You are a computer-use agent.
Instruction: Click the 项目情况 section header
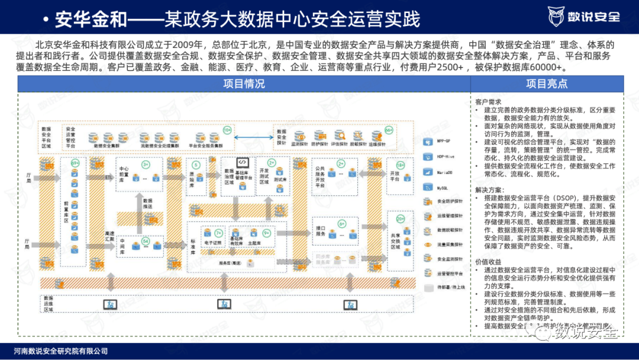(244, 84)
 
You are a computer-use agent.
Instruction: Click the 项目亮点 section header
(547, 84)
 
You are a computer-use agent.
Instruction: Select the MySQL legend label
(442, 187)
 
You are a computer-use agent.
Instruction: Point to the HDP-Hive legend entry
(445, 157)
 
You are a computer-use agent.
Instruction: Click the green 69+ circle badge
(75, 163)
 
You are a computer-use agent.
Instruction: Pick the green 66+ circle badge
(389, 129)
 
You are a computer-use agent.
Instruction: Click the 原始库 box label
(192, 181)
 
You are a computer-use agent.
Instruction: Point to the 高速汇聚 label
(109, 235)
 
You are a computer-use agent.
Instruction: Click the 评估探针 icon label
(338, 144)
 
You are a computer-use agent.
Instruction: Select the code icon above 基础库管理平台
(241, 162)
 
